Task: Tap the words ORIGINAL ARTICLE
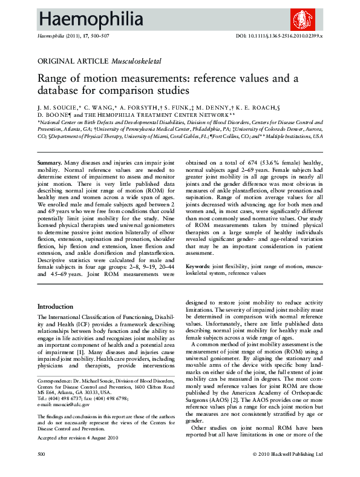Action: pyautogui.click(x=73, y=62)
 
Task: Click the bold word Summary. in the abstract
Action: pyautogui.click(x=49, y=163)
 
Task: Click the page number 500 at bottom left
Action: pyautogui.click(x=42, y=470)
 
